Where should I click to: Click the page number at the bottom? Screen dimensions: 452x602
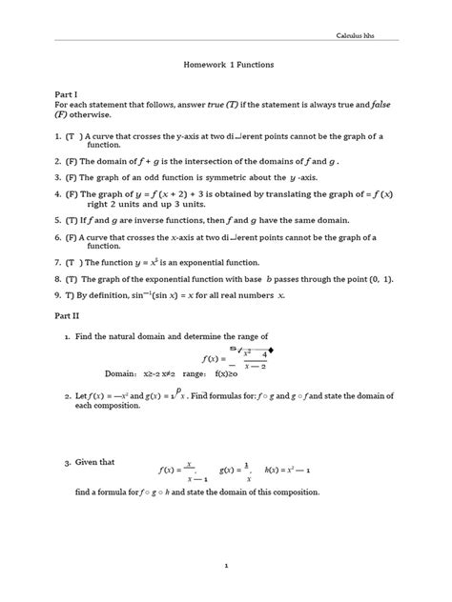tap(225, 566)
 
